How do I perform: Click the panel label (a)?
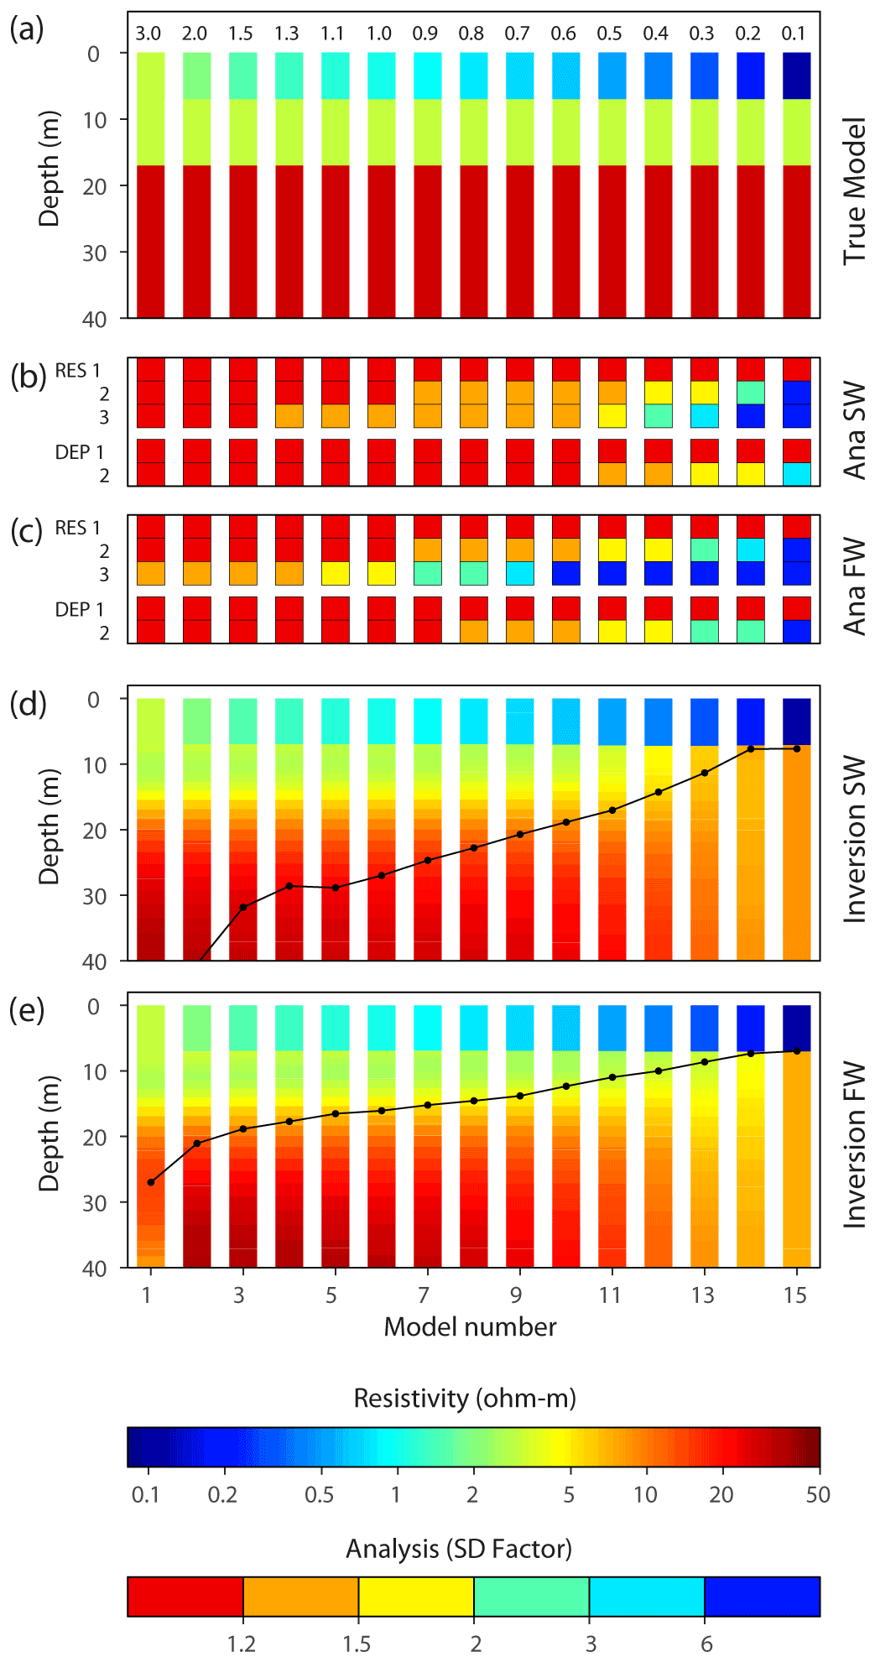tap(26, 30)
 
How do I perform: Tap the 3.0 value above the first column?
tap(148, 34)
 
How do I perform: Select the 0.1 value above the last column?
tap(794, 34)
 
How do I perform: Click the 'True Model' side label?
tap(855, 191)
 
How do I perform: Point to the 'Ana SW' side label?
tap(855, 430)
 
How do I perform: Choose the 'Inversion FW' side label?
tap(855, 1145)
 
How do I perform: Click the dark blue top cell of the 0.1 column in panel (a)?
tap(796, 76)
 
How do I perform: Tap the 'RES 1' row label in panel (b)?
tap(77, 371)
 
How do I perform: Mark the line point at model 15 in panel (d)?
tap(796, 748)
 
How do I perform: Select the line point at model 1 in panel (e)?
tap(151, 1182)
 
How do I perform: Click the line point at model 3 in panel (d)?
tap(243, 907)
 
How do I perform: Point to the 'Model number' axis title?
tap(470, 1327)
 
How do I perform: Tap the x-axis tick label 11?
tap(610, 1295)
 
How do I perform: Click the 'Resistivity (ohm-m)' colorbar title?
tap(465, 1399)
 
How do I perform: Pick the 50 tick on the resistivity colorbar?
tap(818, 1494)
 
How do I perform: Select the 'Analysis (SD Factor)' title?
tap(459, 1549)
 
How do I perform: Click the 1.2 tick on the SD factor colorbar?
tap(242, 1644)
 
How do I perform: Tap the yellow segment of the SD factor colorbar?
tap(416, 1596)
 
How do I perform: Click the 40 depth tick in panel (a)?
tap(94, 320)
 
